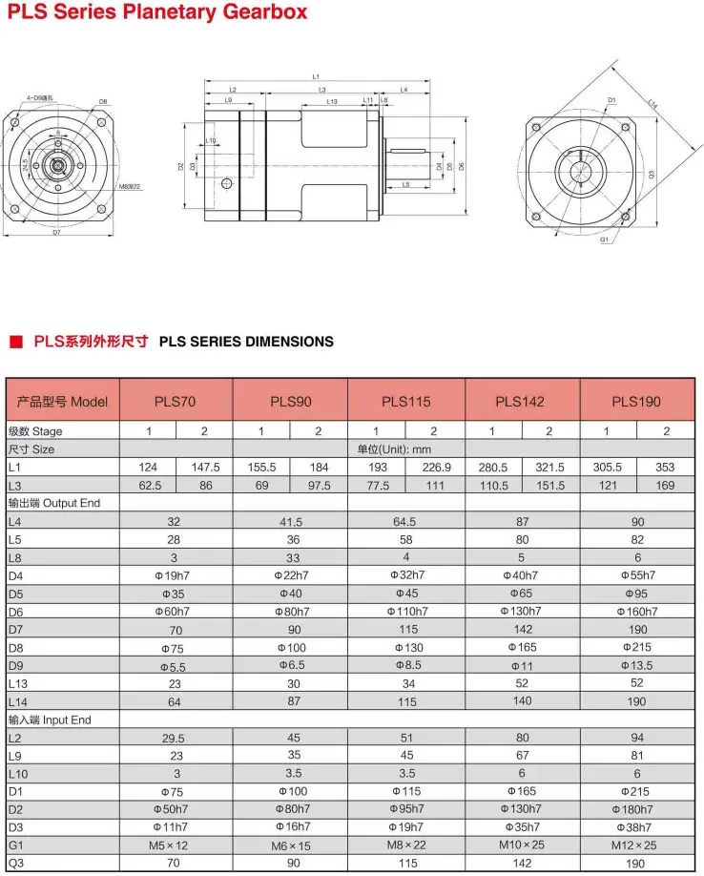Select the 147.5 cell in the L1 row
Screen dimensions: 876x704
point(205,468)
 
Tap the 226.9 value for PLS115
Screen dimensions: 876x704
point(435,468)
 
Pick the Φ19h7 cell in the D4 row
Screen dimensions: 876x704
point(175,575)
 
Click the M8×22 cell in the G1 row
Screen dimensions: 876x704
point(407,845)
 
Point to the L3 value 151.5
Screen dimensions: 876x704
point(549,486)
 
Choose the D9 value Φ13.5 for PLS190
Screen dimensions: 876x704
point(637,665)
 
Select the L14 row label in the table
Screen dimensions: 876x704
point(16,701)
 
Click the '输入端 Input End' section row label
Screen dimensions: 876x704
point(49,720)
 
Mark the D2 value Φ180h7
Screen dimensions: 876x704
point(637,809)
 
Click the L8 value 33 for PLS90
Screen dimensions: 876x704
point(291,557)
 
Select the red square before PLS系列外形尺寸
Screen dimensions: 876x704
point(14,341)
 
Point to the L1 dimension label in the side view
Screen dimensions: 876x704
point(316,76)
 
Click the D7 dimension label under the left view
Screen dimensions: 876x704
point(56,232)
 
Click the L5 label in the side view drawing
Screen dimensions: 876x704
point(405,184)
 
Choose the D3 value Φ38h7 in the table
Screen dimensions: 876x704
point(637,827)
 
